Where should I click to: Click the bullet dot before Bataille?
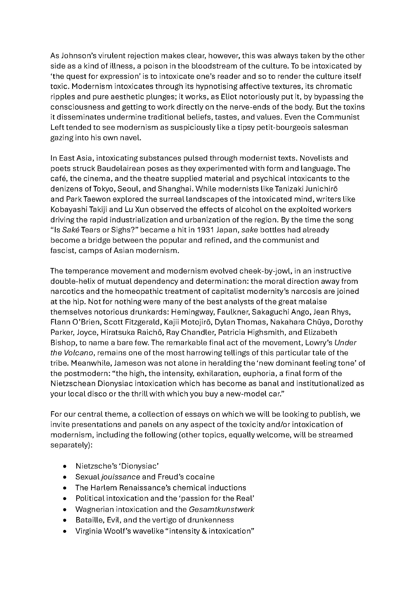click(x=65, y=520)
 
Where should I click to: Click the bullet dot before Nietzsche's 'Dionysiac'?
click(x=65, y=466)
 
